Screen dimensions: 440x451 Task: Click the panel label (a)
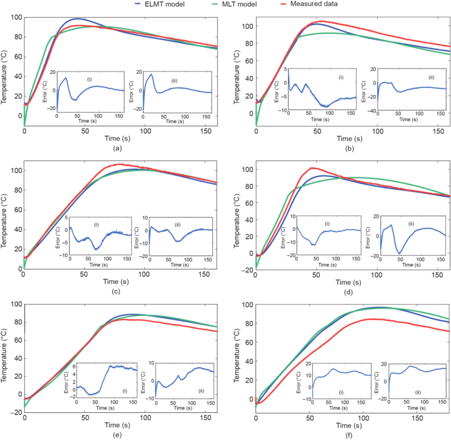click(117, 149)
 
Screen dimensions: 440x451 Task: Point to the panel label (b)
click(350, 149)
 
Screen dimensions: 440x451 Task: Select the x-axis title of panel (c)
click(117, 282)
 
